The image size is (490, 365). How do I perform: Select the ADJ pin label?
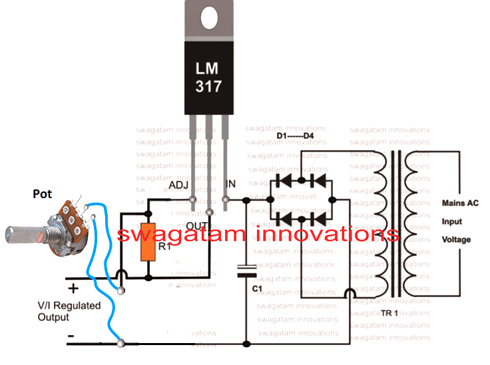180,184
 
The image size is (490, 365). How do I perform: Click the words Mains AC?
460,203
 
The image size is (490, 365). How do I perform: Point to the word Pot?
43,194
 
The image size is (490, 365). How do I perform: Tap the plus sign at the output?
73,288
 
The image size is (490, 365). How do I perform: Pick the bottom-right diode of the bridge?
317,217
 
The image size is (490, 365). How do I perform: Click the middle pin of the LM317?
209,166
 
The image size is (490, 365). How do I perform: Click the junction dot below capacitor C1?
247,344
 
